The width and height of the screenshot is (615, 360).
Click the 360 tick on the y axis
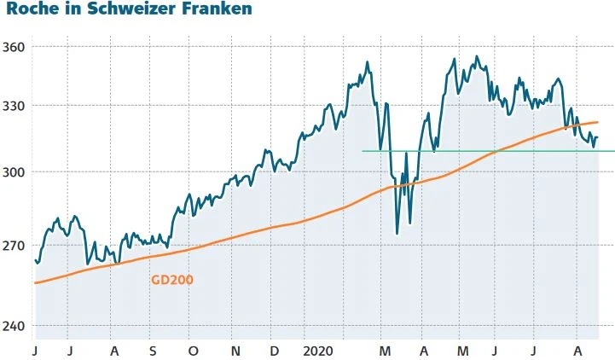click(x=15, y=46)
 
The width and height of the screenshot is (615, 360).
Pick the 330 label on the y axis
click(x=15, y=106)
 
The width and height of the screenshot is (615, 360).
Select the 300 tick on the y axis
click(x=15, y=172)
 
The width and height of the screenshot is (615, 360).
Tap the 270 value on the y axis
click(x=15, y=246)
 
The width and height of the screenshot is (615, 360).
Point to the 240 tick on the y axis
click(x=15, y=326)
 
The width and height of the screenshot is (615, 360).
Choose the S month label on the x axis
click(x=153, y=351)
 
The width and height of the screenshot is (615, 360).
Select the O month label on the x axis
click(x=193, y=351)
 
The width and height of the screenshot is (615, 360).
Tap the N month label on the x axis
click(x=235, y=351)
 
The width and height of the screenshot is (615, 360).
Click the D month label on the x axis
click(x=274, y=351)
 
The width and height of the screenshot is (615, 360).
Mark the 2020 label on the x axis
click(x=318, y=351)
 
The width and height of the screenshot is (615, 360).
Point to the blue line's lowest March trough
click(x=397, y=233)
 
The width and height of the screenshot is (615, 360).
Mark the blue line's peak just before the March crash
click(x=367, y=61)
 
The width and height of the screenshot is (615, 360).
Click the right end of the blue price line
click(x=598, y=136)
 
